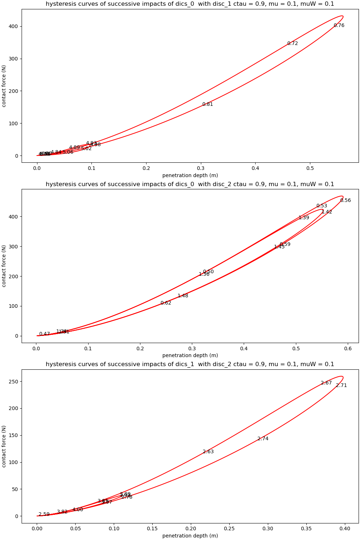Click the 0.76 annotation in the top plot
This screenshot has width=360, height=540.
click(x=339, y=26)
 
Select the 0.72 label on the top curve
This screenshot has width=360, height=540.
click(x=292, y=44)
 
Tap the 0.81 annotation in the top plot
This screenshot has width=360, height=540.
click(x=207, y=104)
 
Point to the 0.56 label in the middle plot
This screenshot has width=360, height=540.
click(x=345, y=201)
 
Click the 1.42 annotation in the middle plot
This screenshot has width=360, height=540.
click(x=327, y=212)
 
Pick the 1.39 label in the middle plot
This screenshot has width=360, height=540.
click(x=303, y=218)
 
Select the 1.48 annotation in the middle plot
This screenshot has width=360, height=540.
click(x=183, y=296)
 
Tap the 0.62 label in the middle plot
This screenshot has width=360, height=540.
click(x=166, y=303)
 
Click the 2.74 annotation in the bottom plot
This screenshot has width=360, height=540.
click(x=263, y=439)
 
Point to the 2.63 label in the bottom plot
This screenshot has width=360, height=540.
click(x=208, y=452)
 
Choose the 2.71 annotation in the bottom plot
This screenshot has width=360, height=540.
click(x=341, y=386)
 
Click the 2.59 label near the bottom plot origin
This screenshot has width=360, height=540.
click(x=44, y=514)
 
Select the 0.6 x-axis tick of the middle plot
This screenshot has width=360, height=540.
click(x=348, y=349)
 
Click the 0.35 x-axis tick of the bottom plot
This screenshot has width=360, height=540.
click(x=306, y=529)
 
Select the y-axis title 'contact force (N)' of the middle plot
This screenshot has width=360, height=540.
click(x=4, y=266)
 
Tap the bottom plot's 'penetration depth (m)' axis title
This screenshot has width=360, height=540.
click(x=190, y=536)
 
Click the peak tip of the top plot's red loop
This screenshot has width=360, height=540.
click(x=342, y=16)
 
